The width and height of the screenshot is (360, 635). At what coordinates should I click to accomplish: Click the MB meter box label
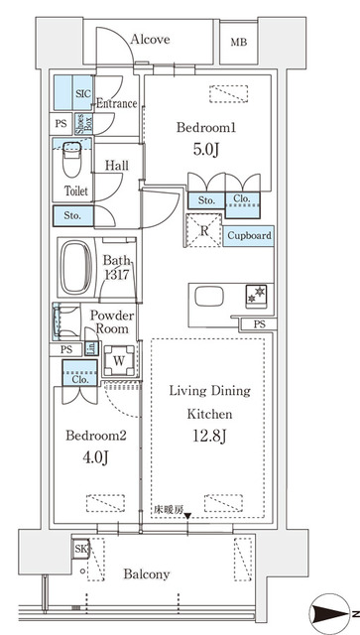[239, 42]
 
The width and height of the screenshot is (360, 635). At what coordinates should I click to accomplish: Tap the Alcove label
[150, 40]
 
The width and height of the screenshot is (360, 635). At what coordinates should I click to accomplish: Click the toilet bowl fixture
[72, 159]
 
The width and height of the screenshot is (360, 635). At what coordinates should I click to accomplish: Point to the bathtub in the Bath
[76, 268]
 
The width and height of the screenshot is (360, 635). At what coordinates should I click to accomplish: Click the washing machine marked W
[119, 360]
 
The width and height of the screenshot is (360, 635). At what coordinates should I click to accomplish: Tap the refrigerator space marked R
[204, 230]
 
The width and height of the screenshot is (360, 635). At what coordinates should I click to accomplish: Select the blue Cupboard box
[248, 236]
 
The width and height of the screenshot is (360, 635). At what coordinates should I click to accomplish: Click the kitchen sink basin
[209, 297]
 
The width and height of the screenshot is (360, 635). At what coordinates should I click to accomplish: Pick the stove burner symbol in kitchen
[256, 296]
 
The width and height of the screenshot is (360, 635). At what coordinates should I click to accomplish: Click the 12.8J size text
[210, 437]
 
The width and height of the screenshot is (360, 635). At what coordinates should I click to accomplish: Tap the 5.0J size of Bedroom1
[206, 150]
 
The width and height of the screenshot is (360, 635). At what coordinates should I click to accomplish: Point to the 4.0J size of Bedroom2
[96, 458]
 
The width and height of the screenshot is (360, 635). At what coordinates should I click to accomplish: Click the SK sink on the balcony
[80, 549]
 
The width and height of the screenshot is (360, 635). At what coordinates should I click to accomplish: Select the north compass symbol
[328, 614]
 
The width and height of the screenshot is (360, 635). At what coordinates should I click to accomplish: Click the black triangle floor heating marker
[187, 516]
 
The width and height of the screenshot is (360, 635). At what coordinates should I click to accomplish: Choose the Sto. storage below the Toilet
[73, 216]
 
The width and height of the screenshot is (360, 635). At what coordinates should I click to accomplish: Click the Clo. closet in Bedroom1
[242, 204]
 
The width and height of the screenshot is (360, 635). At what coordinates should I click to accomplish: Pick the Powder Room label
[111, 321]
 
